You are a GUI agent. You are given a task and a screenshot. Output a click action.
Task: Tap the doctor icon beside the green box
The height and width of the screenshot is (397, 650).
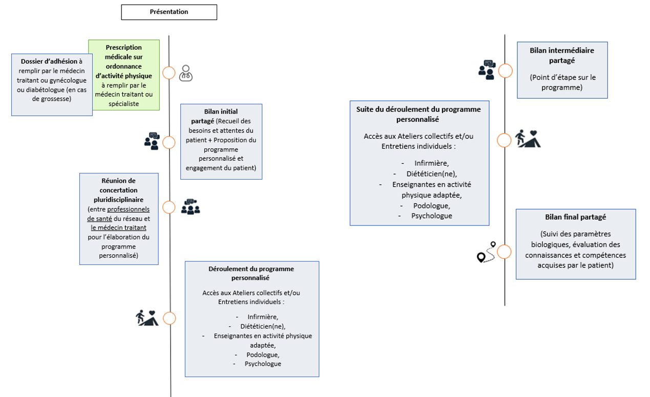pos(186,73)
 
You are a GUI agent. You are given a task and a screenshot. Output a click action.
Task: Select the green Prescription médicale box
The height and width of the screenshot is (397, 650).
pos(124,75)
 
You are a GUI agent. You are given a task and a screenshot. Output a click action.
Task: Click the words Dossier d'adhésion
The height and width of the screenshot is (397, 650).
pos(49,61)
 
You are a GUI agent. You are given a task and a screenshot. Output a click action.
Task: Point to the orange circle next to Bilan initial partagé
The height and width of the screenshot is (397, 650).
pos(169,143)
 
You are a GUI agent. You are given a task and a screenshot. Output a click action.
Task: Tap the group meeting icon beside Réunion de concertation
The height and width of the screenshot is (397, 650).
pos(191,207)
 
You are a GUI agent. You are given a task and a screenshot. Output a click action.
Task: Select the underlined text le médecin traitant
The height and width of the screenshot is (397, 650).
pos(118,228)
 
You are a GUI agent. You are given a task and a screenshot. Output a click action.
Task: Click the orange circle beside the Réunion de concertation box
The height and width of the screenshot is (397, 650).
pos(169,208)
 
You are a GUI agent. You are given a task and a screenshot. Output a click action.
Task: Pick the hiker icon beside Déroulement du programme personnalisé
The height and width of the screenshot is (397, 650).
pos(147,318)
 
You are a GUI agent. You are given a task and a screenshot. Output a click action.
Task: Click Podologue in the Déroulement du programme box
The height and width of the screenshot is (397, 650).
pos(263,355)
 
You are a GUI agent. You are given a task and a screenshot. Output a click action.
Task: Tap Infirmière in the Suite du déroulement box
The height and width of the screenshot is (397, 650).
pos(431,163)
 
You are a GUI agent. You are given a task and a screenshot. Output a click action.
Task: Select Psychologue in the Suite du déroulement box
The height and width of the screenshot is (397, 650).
pos(431,216)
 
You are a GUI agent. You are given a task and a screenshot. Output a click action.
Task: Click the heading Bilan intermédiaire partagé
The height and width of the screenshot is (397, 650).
pos(562,55)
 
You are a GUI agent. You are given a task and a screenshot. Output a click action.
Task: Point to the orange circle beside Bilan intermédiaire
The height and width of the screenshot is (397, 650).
pos(505,71)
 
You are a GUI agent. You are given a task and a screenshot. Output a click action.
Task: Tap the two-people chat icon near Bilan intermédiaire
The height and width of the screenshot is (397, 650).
pos(487,70)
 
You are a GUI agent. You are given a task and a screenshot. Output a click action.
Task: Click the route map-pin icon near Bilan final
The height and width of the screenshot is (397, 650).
pos(486,252)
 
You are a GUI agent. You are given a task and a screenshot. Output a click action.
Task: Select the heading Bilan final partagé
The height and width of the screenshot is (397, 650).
pos(575,217)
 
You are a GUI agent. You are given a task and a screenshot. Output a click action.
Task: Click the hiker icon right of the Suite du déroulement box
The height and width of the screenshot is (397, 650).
pos(528,139)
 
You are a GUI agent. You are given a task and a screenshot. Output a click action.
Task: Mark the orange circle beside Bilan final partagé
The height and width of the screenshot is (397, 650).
pos(504,252)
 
